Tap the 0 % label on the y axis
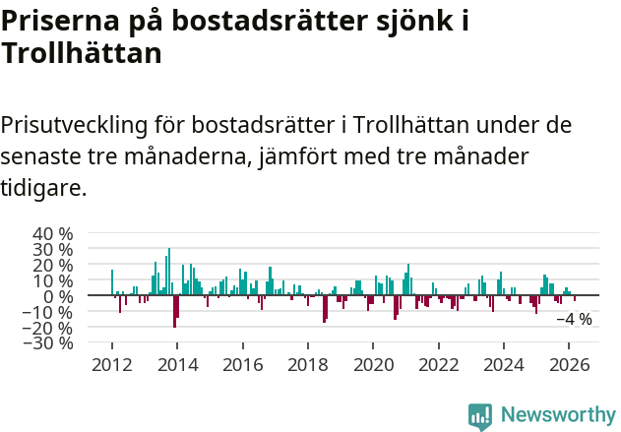coord(58,296)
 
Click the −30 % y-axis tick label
coord(49,343)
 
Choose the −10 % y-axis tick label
coord(49,312)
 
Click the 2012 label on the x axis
coord(111,364)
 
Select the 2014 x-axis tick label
coord(177,364)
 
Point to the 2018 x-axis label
coord(308,364)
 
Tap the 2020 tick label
coord(374,364)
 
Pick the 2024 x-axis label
coord(505,364)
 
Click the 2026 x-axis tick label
coord(570,364)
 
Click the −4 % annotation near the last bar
coord(574,319)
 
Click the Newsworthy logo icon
coord(480,415)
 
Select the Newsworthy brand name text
coord(557,415)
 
